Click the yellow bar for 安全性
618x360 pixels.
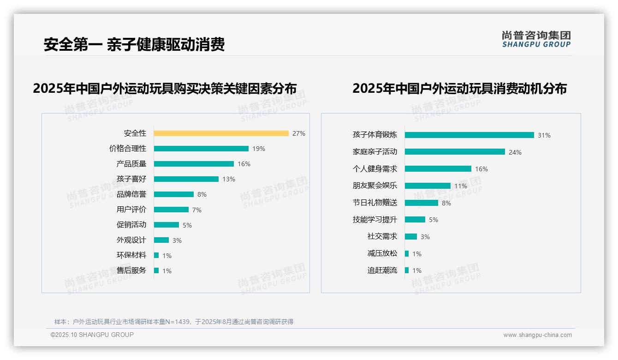point(221,133)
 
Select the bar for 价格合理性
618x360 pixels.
point(201,149)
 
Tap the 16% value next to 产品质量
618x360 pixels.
point(244,164)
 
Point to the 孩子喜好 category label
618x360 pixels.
point(131,179)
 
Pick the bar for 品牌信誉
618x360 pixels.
point(174,194)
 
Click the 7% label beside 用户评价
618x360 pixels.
point(197,210)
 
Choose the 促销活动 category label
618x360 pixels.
point(131,225)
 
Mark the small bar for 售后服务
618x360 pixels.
point(156,270)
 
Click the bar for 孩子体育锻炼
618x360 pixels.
point(469,135)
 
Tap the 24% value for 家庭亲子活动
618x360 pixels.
point(515,152)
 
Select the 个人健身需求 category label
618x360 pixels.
point(374,169)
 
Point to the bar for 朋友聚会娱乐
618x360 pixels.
point(428,186)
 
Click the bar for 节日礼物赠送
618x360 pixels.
point(421,203)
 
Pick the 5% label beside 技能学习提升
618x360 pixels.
point(434,220)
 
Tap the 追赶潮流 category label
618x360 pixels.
point(382,270)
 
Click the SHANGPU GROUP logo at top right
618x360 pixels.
point(536,39)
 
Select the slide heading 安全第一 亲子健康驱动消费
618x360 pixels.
point(134,45)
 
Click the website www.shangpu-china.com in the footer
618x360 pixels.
point(537,335)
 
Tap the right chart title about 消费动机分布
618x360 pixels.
point(459,89)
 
